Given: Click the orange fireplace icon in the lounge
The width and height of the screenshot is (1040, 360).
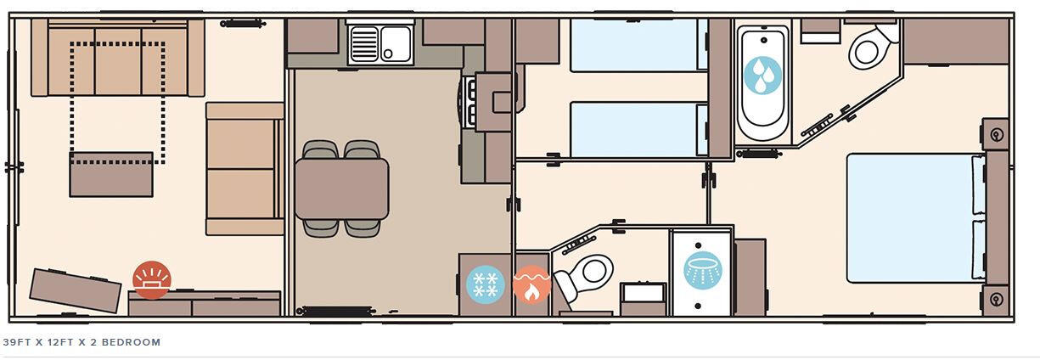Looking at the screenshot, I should point(152,279).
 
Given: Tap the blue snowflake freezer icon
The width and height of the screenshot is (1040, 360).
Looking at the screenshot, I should point(486,284).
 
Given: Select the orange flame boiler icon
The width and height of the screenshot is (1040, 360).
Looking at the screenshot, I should point(531,284).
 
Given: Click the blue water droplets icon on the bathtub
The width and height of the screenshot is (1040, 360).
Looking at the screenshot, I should point(763,75).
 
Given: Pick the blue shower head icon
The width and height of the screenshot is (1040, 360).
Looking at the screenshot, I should point(702,271).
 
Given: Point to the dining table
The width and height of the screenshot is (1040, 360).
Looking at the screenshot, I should point(341,188).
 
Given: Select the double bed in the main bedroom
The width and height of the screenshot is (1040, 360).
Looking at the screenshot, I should point(914,217).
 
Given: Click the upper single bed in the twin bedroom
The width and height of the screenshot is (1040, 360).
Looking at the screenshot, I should point(637,45).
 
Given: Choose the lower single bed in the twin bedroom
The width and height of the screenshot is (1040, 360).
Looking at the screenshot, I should point(637,129).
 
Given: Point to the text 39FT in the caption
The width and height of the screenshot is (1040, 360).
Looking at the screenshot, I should point(17,342).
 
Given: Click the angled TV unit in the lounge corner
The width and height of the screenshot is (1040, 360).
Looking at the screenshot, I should point(76,290).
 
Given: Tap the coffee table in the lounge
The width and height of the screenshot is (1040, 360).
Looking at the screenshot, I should point(111,175).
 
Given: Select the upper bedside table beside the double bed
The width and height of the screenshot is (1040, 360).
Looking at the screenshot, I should point(995,134).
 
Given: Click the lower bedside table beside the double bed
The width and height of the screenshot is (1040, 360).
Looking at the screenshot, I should point(995,299).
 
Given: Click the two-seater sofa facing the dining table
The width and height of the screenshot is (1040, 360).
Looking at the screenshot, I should point(244,169).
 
